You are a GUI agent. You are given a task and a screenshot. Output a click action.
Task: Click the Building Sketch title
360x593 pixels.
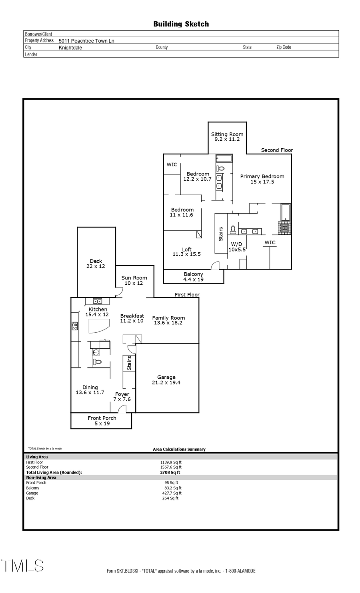[x=181, y=24]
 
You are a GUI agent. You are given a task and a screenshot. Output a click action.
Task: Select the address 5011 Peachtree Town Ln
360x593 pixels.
[x=86, y=41]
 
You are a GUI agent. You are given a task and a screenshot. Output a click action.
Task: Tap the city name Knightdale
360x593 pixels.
[x=70, y=48]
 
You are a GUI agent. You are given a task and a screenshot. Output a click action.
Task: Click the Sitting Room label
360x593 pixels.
[x=227, y=137]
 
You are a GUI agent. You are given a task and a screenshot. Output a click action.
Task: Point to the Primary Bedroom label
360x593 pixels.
[x=262, y=179]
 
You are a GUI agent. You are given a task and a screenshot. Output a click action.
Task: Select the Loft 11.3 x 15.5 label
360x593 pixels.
[x=186, y=252]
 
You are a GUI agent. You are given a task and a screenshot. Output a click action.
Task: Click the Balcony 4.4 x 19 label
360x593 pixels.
[x=193, y=277]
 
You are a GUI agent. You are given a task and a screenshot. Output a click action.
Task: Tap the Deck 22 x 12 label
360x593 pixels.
[x=96, y=264]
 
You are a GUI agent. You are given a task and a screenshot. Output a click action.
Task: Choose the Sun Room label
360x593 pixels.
[x=134, y=280]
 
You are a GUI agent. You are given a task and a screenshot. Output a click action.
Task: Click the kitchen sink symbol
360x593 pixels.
[x=97, y=301]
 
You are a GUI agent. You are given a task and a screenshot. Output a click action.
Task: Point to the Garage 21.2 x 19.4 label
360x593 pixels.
[x=166, y=380]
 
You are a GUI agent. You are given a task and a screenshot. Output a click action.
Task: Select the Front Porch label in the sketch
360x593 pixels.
[x=102, y=421]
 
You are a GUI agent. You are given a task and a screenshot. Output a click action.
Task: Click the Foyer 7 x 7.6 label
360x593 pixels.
[x=122, y=397]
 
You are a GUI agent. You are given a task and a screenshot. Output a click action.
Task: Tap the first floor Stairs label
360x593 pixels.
[x=129, y=363]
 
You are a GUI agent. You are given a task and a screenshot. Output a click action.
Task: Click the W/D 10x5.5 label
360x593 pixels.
[x=236, y=247]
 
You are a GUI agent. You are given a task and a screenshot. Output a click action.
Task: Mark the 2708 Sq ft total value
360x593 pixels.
[x=170, y=472]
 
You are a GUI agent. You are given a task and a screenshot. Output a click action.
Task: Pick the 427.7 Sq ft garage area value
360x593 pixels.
[x=172, y=493]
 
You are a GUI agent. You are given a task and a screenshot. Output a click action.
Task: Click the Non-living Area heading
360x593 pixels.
[x=41, y=477]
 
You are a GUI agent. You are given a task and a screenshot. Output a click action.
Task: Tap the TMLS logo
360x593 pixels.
[x=22, y=565]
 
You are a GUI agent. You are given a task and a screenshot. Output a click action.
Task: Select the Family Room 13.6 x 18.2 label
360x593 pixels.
[x=168, y=320]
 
